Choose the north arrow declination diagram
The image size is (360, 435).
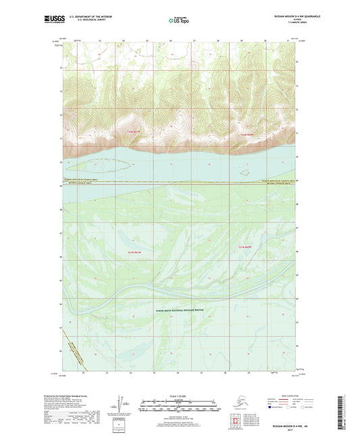coord(121,405)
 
